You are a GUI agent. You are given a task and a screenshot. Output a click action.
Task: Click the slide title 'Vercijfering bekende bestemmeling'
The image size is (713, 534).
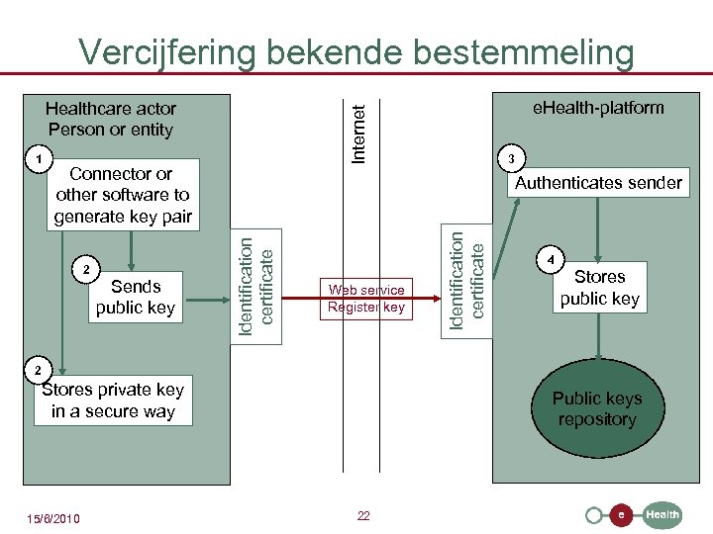(x=356, y=50)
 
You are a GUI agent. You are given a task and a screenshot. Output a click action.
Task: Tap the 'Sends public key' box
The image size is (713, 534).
(x=136, y=297)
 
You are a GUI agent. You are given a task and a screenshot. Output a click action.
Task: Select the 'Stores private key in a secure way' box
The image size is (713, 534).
(x=113, y=400)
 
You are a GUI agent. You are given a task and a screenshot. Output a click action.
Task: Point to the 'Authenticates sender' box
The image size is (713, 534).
(x=598, y=182)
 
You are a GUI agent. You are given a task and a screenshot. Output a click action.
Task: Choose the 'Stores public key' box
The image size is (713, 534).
(x=599, y=288)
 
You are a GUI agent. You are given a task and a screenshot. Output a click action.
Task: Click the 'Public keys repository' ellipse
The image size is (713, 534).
(x=597, y=408)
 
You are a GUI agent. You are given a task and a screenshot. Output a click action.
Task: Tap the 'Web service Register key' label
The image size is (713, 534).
(x=366, y=298)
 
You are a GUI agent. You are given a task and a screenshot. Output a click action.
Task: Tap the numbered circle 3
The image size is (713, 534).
(x=510, y=158)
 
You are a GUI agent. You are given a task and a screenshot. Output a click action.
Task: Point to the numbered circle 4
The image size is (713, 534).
(x=552, y=259)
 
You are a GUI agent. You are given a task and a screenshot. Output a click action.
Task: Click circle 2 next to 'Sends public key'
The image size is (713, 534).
(x=86, y=270)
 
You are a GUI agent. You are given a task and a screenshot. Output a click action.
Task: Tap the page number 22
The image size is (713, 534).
(x=363, y=515)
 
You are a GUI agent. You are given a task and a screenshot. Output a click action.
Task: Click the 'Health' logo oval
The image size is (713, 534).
(x=662, y=514)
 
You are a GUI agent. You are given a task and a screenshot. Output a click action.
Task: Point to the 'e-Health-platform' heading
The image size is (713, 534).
(x=598, y=107)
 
